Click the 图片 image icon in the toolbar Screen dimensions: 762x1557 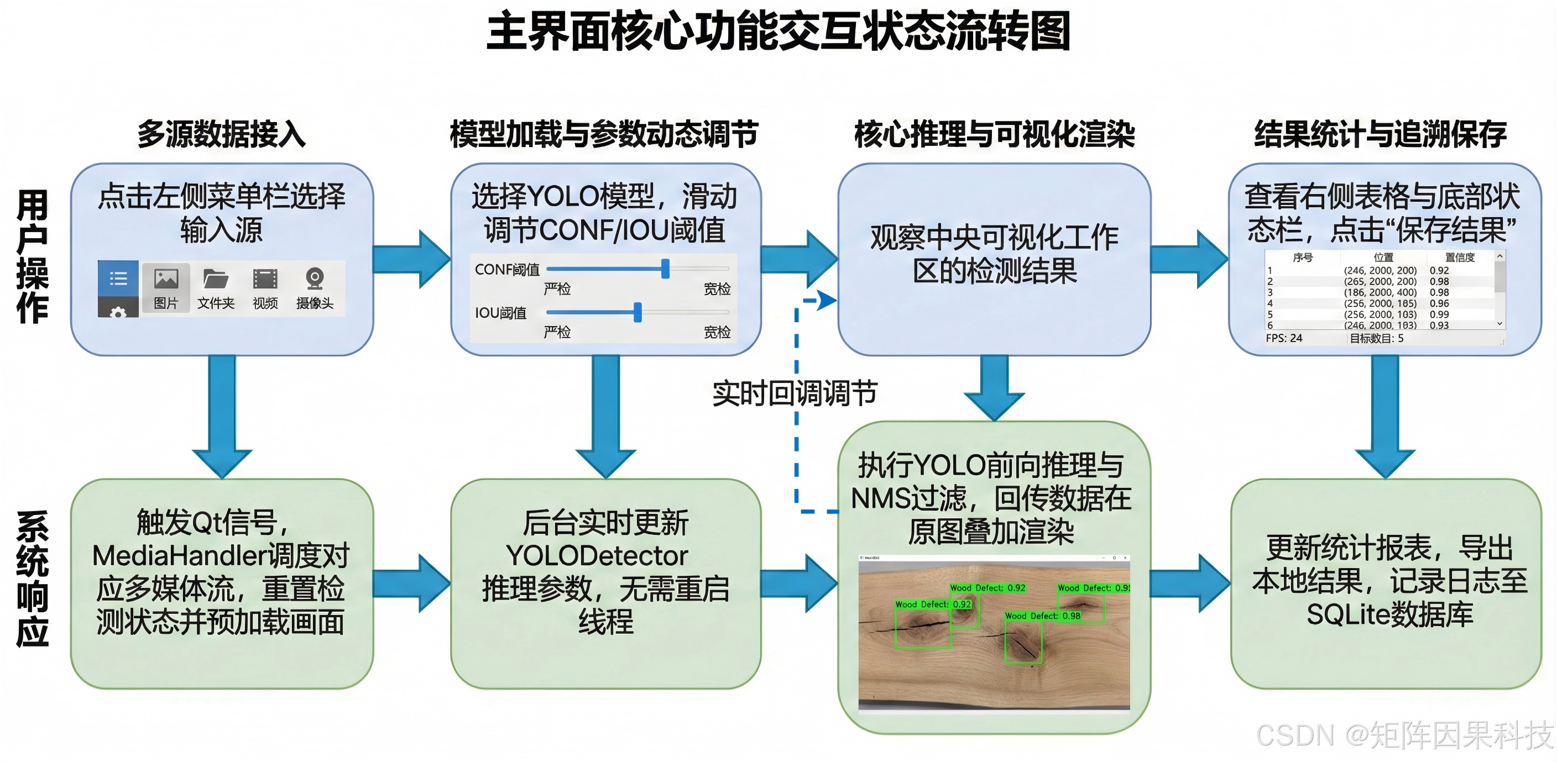[x=166, y=279]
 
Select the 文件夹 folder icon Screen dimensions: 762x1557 [x=215, y=279]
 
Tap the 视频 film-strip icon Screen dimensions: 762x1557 [x=265, y=279]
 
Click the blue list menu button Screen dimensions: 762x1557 [x=118, y=278]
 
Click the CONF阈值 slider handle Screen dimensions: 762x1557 [x=666, y=269]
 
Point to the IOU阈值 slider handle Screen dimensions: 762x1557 [x=638, y=312]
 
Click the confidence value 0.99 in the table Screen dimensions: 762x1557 [x=1439, y=314]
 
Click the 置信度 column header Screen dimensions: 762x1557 [x=1460, y=257]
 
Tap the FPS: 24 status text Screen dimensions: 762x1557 [x=1284, y=338]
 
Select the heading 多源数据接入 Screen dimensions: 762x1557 [x=221, y=134]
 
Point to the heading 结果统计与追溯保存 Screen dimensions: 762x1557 [x=1380, y=134]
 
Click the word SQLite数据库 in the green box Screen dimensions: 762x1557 [x=1389, y=614]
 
